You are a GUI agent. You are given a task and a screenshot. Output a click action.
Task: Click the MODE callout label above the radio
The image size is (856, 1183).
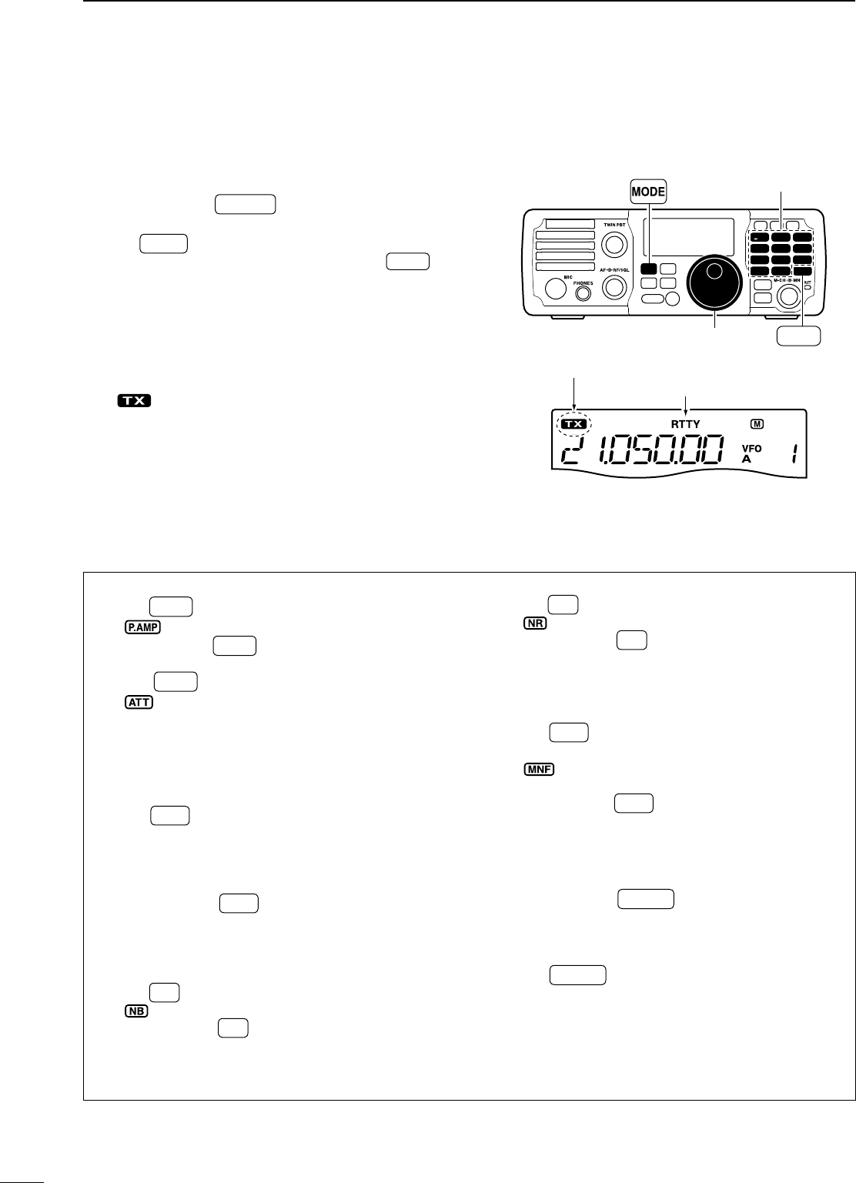(648, 192)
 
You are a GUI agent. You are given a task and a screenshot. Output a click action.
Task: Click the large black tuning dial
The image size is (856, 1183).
(714, 282)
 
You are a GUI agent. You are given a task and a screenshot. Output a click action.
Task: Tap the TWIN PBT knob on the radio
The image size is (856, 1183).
(614, 244)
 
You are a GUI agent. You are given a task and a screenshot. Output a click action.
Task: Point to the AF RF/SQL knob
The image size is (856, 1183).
(614, 287)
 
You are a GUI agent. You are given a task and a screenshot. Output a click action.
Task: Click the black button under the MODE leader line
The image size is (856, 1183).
(648, 269)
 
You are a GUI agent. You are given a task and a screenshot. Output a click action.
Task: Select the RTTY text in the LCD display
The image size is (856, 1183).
(685, 424)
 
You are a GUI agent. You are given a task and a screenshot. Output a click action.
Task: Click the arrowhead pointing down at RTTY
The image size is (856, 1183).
(685, 412)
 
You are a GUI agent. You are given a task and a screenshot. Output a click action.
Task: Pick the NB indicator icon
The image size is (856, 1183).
(135, 1011)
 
